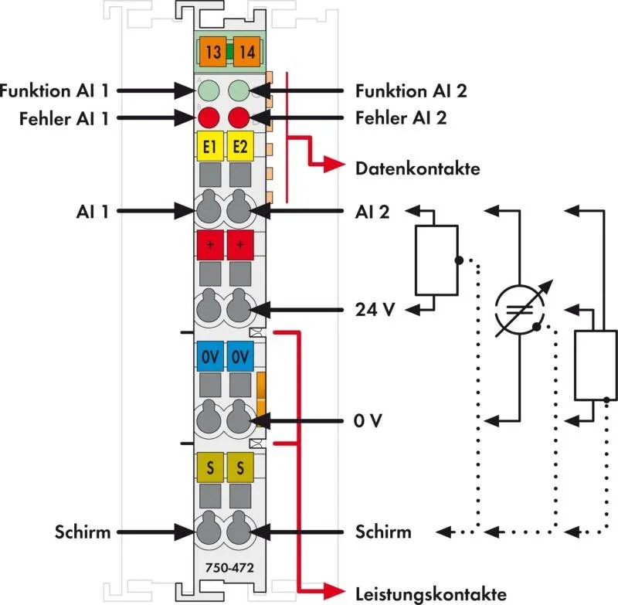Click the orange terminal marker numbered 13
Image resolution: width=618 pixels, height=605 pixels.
[213, 53]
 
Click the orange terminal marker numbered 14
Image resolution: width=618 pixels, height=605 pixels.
[245, 53]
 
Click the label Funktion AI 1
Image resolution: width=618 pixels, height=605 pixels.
[54, 91]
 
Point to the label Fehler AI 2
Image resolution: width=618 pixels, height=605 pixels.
[399, 119]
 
